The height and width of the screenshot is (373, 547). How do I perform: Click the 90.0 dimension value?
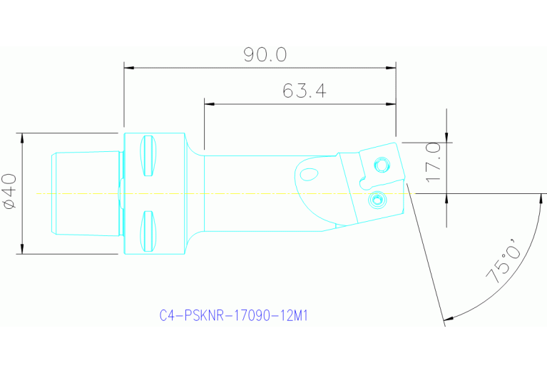click(x=265, y=55)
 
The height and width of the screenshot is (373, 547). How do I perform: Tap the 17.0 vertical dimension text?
click(x=432, y=162)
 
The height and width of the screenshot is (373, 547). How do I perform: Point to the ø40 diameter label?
click(x=10, y=193)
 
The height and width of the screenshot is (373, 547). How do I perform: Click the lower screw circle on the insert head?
click(x=377, y=201)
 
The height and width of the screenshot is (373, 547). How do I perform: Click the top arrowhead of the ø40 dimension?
click(x=23, y=138)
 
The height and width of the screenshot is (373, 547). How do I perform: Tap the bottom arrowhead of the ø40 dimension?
click(x=23, y=249)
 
